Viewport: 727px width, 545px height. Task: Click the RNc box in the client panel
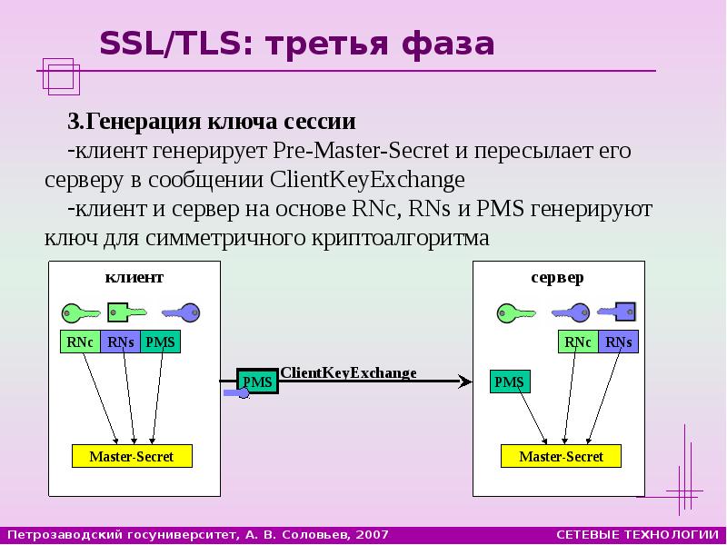coord(80,342)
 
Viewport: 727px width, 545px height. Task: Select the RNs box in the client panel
coord(120,342)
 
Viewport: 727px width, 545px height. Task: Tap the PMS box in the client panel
coord(160,342)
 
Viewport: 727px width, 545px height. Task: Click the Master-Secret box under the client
coord(132,456)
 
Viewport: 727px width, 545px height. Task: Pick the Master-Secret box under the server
coord(561,456)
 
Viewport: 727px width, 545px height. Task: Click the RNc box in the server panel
coord(578,342)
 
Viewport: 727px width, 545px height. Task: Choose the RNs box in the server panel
coord(619,342)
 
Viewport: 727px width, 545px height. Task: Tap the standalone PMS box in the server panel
coord(510,381)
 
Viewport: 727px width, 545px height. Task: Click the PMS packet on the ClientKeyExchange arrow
coord(258,381)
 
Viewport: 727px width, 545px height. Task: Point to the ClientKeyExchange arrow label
coord(348,373)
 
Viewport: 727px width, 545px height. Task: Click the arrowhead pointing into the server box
coord(465,381)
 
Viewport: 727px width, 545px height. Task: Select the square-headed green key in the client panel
coord(127,312)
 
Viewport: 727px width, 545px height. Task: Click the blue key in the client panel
coord(181,312)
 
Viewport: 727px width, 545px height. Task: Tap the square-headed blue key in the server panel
coord(616,312)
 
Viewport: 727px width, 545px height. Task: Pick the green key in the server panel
coord(516,313)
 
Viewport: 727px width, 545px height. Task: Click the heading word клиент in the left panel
coord(134,277)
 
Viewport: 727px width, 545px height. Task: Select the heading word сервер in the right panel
coord(558,278)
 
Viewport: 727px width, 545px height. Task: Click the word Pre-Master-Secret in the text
coord(361,151)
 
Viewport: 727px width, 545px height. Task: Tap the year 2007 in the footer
coord(373,535)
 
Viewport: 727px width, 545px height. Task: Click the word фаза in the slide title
coord(448,44)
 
